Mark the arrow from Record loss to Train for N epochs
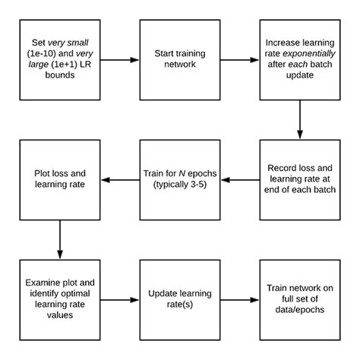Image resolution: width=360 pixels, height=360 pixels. pos(239,180)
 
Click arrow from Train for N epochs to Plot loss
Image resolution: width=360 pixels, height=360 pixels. pos(119,180)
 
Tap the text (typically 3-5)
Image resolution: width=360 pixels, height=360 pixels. pos(179,185)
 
